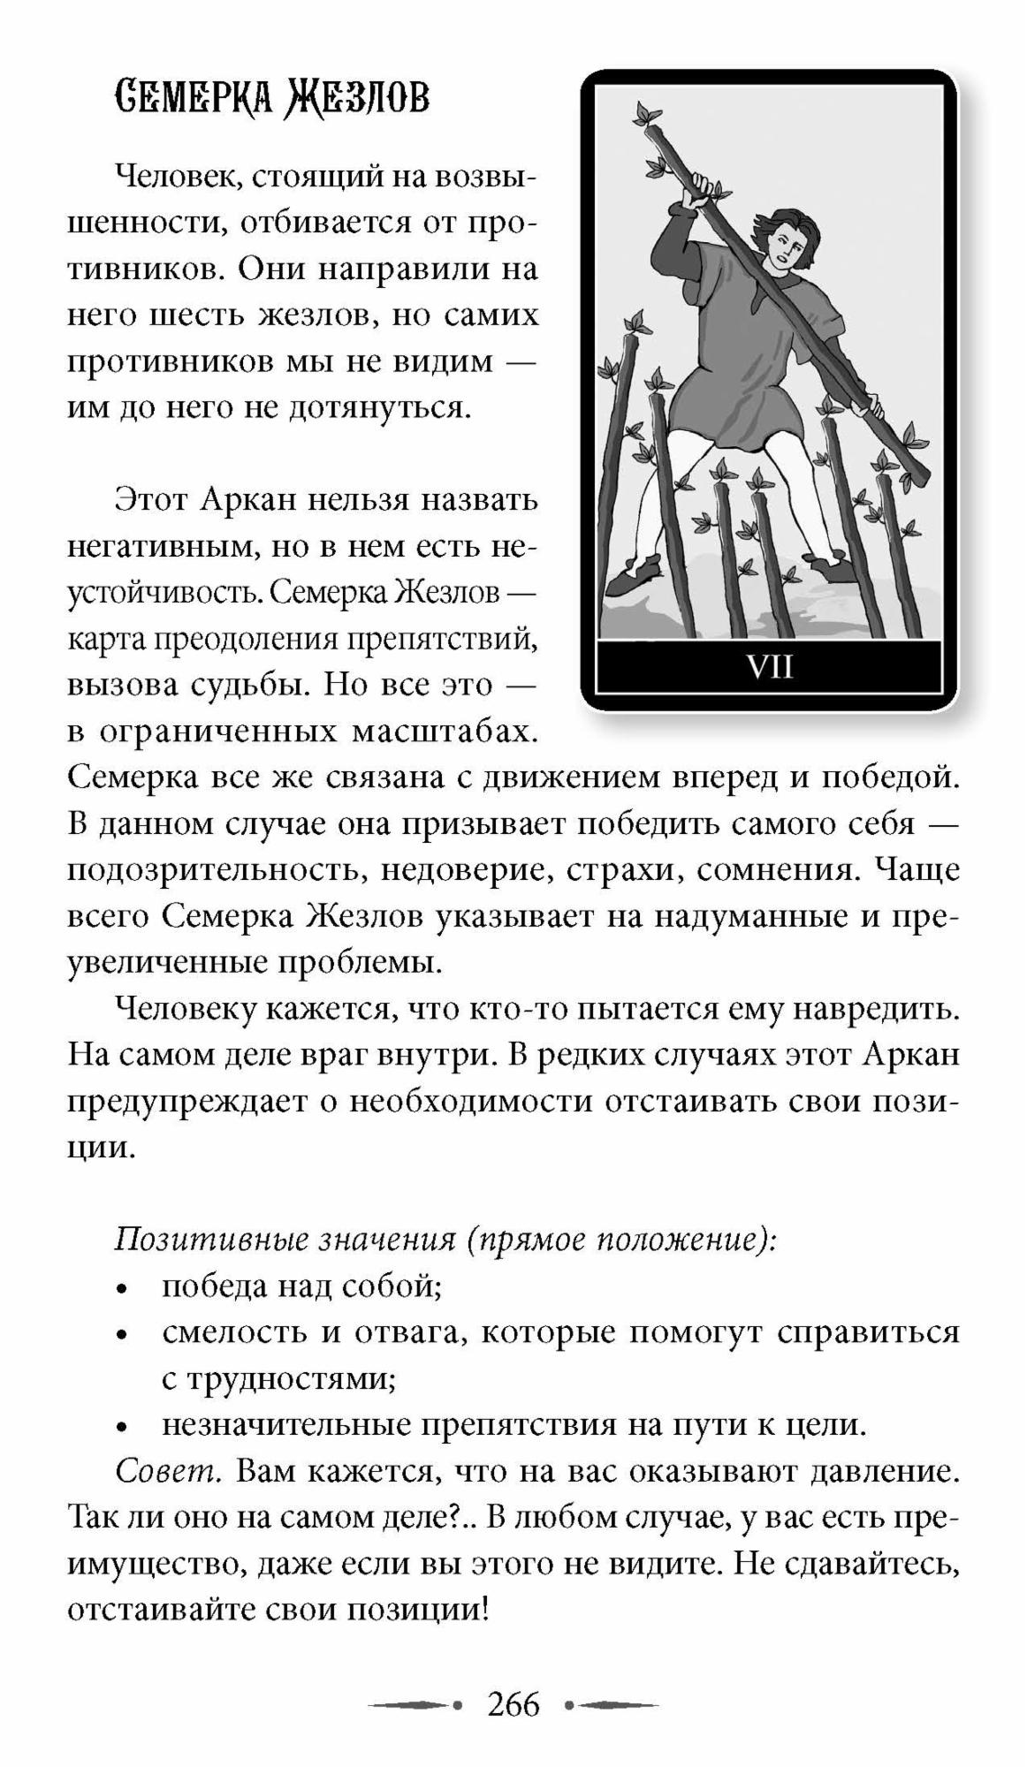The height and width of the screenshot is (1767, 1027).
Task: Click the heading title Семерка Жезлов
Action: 272,98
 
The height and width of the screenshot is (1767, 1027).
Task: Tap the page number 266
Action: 513,1704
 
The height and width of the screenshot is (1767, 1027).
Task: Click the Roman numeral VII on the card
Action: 770,666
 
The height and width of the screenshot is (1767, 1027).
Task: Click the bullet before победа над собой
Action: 125,1289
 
